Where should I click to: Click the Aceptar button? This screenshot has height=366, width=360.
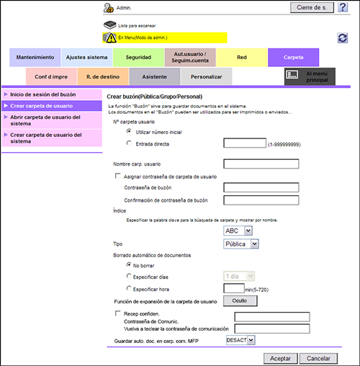point(281,358)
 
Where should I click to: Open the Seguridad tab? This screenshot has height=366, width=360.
point(138,58)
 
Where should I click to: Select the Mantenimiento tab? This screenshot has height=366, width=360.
point(35,58)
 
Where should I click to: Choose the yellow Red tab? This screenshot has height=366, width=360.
point(242,58)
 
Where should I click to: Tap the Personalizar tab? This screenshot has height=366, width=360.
point(207,77)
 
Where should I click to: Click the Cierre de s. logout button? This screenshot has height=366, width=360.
point(312,8)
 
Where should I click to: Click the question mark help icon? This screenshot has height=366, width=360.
point(343,7)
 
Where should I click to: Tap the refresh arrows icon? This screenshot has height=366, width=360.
point(343,38)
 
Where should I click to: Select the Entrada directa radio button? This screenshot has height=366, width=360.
point(129,143)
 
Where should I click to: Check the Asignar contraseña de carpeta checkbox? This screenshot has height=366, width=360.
point(117,176)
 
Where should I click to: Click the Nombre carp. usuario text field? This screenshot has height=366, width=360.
point(261,164)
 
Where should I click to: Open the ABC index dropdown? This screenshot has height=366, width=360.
point(238,231)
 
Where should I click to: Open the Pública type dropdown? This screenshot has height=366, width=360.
point(241,244)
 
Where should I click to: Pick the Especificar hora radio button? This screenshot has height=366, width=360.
point(129,288)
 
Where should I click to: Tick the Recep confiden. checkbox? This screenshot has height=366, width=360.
point(117,313)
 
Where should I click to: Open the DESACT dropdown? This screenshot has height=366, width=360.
point(240,340)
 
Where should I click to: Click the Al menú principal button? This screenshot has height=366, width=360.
point(310,76)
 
